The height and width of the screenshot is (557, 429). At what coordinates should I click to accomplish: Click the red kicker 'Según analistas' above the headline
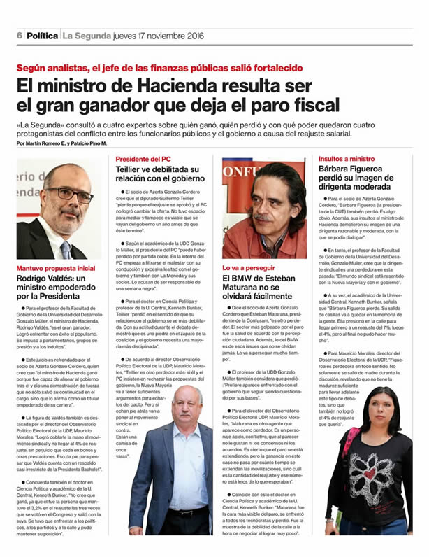pyautogui.click(x=52, y=68)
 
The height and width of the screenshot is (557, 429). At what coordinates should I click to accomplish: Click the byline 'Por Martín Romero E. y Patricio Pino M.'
pyautogui.click(x=61, y=143)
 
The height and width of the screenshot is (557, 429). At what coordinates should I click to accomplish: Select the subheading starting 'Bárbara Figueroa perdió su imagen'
pyautogui.click(x=363, y=179)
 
